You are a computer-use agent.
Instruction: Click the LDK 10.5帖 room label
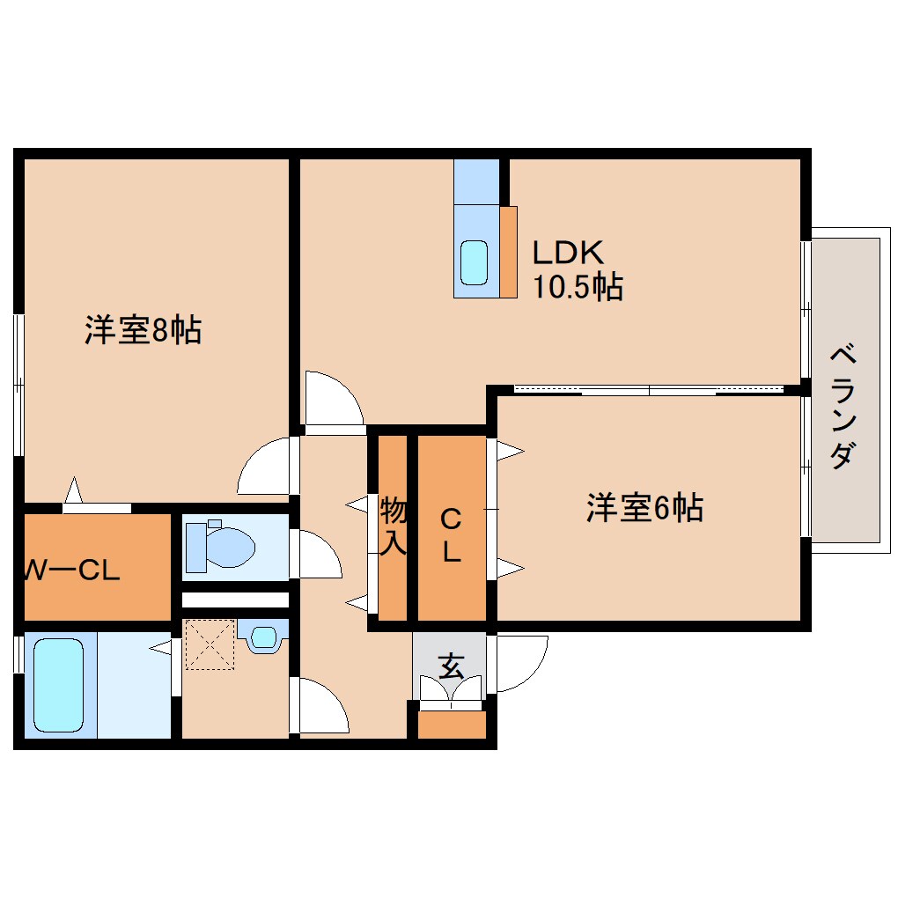tap(577, 269)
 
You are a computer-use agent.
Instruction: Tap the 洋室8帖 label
tap(143, 330)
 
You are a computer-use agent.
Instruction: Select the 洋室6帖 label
tap(644, 508)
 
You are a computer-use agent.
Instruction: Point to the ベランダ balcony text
tap(843, 408)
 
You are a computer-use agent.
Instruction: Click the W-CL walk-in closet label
tap(70, 571)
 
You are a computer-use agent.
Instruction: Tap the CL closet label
tap(451, 534)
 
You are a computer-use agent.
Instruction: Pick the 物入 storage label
tap(393, 526)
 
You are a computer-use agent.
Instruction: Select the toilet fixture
tap(224, 545)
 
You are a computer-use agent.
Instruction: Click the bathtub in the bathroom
tap(60, 685)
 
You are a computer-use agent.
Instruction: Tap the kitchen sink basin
tap(475, 261)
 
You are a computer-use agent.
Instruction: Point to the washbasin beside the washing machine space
tap(263, 637)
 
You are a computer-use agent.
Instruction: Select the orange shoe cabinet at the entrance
tap(451, 725)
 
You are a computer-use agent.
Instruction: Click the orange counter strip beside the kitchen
tap(508, 252)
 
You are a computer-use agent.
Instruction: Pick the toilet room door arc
tap(317, 556)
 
